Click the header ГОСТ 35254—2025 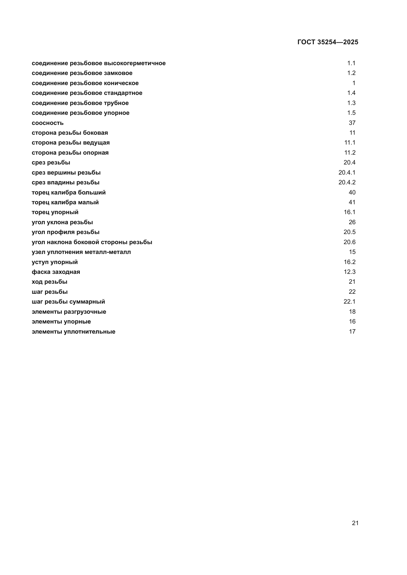tap(328, 42)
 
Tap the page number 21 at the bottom tap(355, 523)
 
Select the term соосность tap(48, 123)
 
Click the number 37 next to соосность tap(352, 123)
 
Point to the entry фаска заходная tap(56, 272)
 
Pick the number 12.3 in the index tap(349, 272)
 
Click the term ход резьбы tap(49, 282)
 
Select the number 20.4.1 tap(347, 173)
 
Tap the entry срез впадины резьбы tap(65, 183)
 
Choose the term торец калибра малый tap(65, 202)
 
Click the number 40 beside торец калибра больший tap(352, 192)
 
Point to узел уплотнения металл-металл tap(81, 252)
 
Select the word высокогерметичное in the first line tap(135, 63)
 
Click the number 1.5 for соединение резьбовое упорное tap(351, 113)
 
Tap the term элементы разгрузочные tap(69, 312)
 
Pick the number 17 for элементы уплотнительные tap(352, 332)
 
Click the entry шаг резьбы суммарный tap(68, 302)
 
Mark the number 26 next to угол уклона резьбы tap(352, 222)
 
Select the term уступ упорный tap(55, 262)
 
